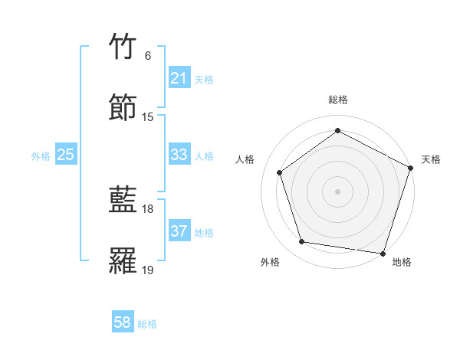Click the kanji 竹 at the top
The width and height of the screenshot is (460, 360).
pyautogui.click(x=123, y=47)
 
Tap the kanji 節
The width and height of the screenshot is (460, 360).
pyautogui.click(x=123, y=106)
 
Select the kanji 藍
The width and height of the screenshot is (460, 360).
pyautogui.click(x=123, y=201)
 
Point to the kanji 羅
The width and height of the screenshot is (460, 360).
pyautogui.click(x=123, y=260)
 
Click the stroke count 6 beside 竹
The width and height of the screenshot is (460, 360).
pyautogui.click(x=148, y=56)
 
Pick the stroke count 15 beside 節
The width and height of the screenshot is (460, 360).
pyautogui.click(x=148, y=116)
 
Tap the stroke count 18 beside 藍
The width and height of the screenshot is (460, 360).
pyautogui.click(x=148, y=209)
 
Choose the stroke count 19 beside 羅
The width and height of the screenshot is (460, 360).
pyautogui.click(x=148, y=270)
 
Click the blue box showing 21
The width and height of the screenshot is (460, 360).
pyautogui.click(x=179, y=78)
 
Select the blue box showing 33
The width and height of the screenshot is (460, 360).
pyautogui.click(x=179, y=155)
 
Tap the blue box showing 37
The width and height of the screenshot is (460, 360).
pyautogui.click(x=179, y=231)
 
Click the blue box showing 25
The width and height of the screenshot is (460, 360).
pyautogui.click(x=65, y=155)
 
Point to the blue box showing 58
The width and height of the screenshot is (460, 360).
pyautogui.click(x=123, y=322)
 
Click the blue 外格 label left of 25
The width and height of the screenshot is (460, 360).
pyautogui.click(x=41, y=156)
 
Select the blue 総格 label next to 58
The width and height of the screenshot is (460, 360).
pyautogui.click(x=147, y=324)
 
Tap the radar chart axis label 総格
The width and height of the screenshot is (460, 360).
pyautogui.click(x=337, y=100)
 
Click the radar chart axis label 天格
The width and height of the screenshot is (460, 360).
pyautogui.click(x=431, y=159)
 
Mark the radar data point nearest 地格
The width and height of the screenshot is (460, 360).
pyautogui.click(x=383, y=253)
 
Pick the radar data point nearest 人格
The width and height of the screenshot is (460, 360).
pyautogui.click(x=279, y=172)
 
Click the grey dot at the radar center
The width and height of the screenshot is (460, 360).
pyautogui.click(x=337, y=191)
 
